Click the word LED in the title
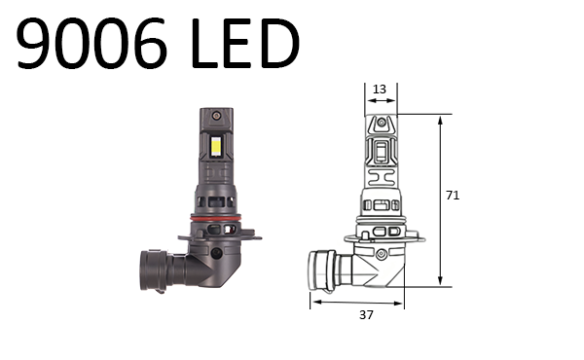coord(240,44)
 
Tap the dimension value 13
coord(380,90)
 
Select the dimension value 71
coord(452,196)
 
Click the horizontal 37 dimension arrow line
coord(356,302)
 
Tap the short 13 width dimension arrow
coord(381,102)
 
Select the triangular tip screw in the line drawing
coord(383,124)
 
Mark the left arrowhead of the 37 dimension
coord(314,302)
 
